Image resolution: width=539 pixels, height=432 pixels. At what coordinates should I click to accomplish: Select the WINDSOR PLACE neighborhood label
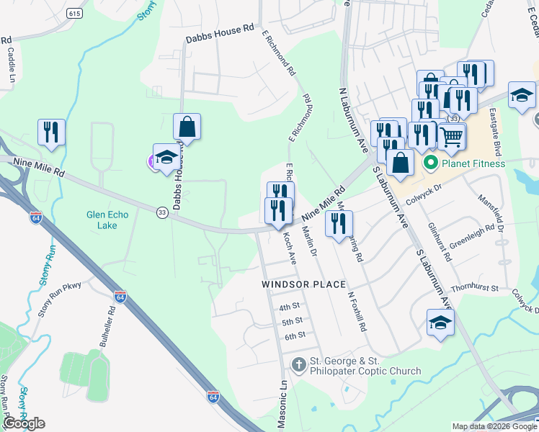coord(303,284)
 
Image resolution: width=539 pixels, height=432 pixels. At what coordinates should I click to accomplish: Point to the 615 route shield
coord(74,14)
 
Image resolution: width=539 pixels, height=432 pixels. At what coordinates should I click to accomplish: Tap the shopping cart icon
coord(451,135)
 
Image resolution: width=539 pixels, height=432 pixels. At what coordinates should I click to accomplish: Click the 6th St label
coord(295,336)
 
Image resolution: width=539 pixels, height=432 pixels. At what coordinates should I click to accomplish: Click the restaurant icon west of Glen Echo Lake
coord(51,132)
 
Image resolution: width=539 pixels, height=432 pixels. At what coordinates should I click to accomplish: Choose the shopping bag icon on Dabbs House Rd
coord(187,127)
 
